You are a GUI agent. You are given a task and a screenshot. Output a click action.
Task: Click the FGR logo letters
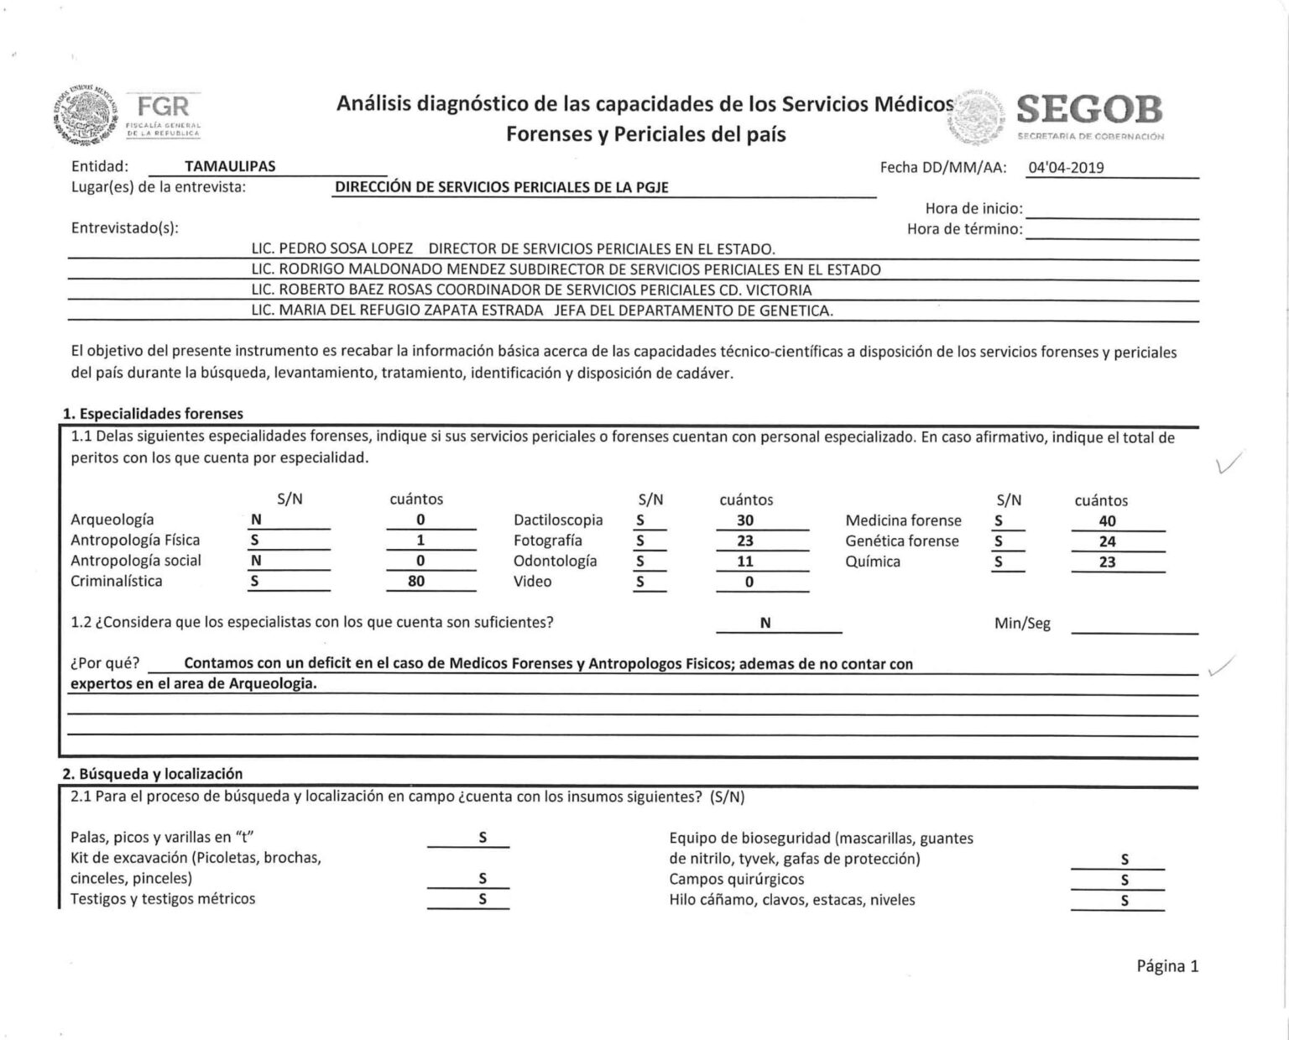coord(164,107)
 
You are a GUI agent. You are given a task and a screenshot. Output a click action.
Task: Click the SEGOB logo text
coord(1090,109)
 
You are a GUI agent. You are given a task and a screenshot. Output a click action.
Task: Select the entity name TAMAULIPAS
coord(230,166)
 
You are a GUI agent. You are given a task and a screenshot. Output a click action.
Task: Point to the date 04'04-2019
coord(1067,167)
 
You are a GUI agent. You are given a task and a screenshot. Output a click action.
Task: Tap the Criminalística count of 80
coord(416,581)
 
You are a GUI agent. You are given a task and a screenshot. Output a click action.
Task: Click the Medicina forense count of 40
coord(1107,521)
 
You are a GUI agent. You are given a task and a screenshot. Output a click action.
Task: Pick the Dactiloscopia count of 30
coord(745,520)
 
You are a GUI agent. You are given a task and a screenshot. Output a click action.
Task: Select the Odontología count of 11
coord(745,562)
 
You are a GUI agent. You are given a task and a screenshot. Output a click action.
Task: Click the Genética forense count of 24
coord(1107,541)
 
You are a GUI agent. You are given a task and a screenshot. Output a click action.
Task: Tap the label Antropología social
coord(136,561)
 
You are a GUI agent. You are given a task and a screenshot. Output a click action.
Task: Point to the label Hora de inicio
coord(973,208)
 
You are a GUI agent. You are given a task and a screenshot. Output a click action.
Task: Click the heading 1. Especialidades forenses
coord(153,413)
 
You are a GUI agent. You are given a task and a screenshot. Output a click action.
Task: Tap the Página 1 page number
coord(1167,966)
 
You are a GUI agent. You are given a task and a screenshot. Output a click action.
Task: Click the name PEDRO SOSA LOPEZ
coord(346,248)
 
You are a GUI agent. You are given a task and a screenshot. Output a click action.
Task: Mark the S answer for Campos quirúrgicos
coord(1125,880)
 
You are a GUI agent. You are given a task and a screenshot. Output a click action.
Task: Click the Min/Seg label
coord(1022,624)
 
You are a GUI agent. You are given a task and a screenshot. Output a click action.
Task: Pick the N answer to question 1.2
coord(765,623)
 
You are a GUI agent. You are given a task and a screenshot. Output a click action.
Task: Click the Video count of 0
coord(749,582)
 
